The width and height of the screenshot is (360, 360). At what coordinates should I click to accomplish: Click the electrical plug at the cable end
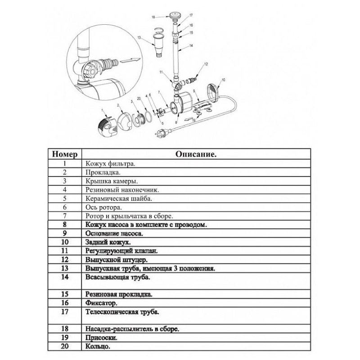(x=162, y=134)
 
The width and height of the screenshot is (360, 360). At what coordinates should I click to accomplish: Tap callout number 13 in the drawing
(x=139, y=38)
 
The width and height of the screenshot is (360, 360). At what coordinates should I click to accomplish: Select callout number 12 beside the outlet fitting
(x=206, y=65)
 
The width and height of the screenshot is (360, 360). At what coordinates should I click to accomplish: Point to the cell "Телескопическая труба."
(x=116, y=311)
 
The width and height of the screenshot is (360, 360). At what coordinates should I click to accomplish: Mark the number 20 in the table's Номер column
(x=65, y=347)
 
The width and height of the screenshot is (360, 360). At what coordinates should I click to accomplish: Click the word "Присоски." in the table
(x=97, y=338)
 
